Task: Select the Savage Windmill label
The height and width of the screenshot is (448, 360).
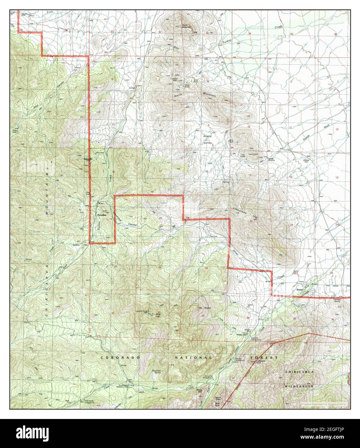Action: click(x=272, y=160)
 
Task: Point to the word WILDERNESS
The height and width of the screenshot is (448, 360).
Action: click(x=298, y=385)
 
